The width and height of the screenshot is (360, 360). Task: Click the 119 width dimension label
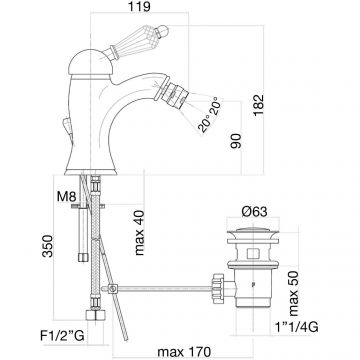click(x=139, y=7)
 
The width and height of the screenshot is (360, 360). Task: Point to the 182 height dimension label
click(x=258, y=105)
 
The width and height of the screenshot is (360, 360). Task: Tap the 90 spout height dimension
click(x=236, y=141)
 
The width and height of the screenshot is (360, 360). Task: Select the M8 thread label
click(x=67, y=197)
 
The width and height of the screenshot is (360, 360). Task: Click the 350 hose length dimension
click(x=48, y=246)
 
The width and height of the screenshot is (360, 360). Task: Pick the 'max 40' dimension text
click(x=139, y=233)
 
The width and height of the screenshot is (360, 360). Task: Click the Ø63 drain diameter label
click(x=254, y=211)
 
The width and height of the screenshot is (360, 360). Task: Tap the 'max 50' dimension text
click(x=294, y=291)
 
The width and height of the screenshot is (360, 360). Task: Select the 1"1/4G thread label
click(x=296, y=328)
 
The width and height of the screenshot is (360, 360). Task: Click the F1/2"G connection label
click(x=62, y=336)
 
